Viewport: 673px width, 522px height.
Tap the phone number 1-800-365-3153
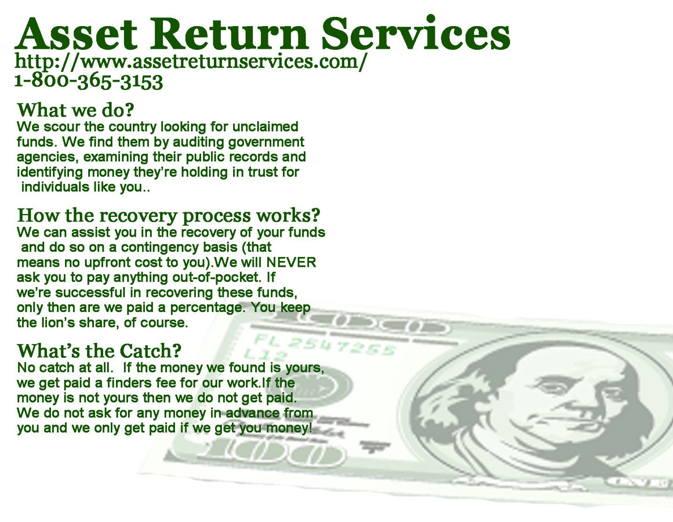(88, 81)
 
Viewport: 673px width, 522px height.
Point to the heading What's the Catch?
(99, 351)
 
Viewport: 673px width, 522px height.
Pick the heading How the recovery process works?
(169, 215)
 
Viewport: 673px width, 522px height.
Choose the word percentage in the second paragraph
(205, 307)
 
